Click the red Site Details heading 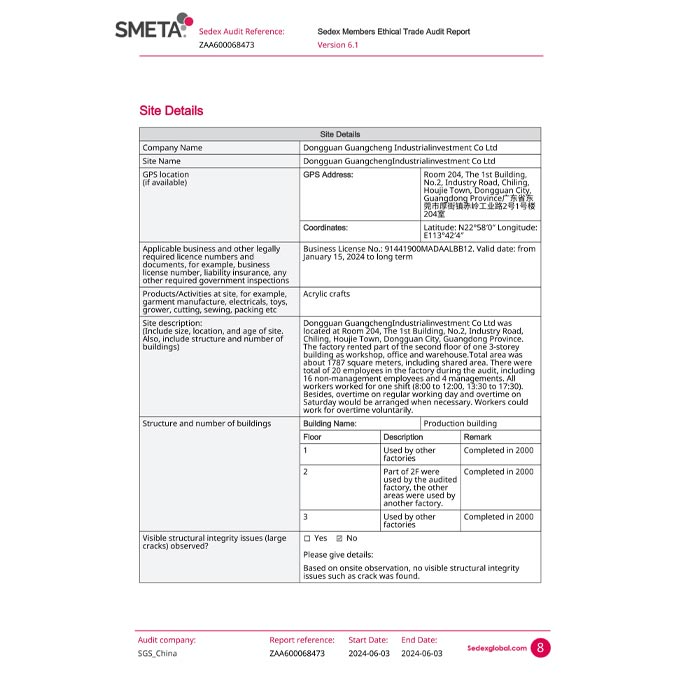[x=171, y=111]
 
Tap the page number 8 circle [x=541, y=648]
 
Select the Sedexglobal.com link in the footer [x=496, y=648]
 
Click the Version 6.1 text [x=338, y=45]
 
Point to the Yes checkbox [x=307, y=538]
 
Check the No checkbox [x=339, y=538]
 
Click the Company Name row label [x=173, y=148]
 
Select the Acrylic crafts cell [x=326, y=294]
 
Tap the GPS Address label [x=328, y=174]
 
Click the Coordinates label [x=325, y=228]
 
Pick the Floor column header [x=313, y=437]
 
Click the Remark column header [x=477, y=437]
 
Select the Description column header [x=403, y=437]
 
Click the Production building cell [x=460, y=423]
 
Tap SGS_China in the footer [x=157, y=653]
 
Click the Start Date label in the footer [x=367, y=640]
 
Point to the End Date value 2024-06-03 [x=421, y=653]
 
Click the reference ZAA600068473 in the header [x=226, y=45]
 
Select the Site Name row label [x=162, y=161]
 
